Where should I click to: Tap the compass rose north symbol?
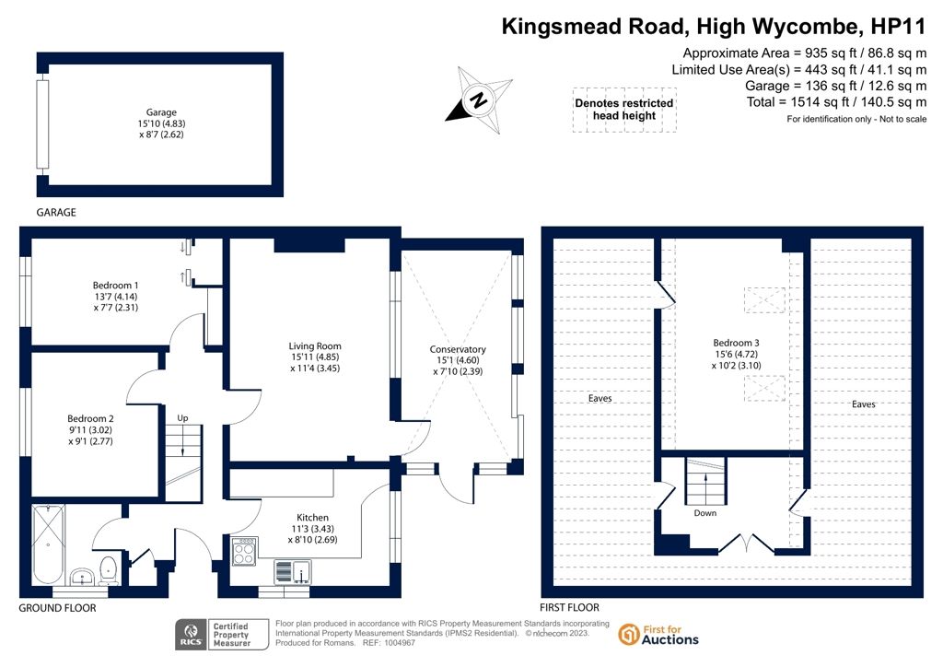point(479,99)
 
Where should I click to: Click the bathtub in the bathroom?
point(48,544)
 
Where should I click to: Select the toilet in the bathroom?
point(109,571)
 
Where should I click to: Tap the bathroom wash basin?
point(81,578)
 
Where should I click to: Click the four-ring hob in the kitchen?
point(244,552)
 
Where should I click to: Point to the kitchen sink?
point(293,571)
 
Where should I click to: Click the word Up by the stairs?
point(183,418)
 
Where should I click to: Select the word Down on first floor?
point(705,513)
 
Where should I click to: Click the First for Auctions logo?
point(658,635)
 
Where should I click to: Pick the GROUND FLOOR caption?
point(57,608)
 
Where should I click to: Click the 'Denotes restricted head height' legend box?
point(624,110)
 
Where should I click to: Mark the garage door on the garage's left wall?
point(42,123)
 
